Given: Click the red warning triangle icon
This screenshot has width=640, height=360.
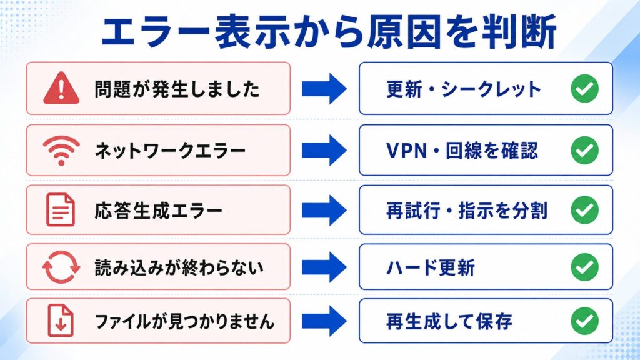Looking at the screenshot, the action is pos(61,87).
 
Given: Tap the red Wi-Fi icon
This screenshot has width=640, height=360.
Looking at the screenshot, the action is pos(61,151).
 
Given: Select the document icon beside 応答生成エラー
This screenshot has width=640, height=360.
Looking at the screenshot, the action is pos(61,210).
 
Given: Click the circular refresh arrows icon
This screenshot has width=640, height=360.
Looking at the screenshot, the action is pos(61,267).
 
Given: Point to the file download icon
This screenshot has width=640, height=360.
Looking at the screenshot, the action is pos(61,321).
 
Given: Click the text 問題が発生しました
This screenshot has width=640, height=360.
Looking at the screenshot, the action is pos(177,89).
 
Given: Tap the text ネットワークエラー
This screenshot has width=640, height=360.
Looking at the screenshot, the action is pos(170,151).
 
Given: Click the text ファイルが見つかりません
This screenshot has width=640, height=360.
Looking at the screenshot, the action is pos(184,321).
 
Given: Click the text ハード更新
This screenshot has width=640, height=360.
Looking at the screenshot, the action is pos(431,267).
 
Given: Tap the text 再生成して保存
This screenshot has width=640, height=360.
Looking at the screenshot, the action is pos(449,321).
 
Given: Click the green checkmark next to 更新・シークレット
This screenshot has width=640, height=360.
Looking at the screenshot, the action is pos(584,88).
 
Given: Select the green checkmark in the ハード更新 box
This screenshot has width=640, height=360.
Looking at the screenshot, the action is pos(584,267).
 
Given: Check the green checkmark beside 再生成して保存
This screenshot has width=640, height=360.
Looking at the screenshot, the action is pos(584,321).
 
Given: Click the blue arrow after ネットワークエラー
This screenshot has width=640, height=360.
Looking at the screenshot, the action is pos(324,150).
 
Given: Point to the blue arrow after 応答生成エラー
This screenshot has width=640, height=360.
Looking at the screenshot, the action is pos(324,210).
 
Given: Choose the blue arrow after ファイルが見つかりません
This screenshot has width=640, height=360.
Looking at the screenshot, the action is pos(324,321).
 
